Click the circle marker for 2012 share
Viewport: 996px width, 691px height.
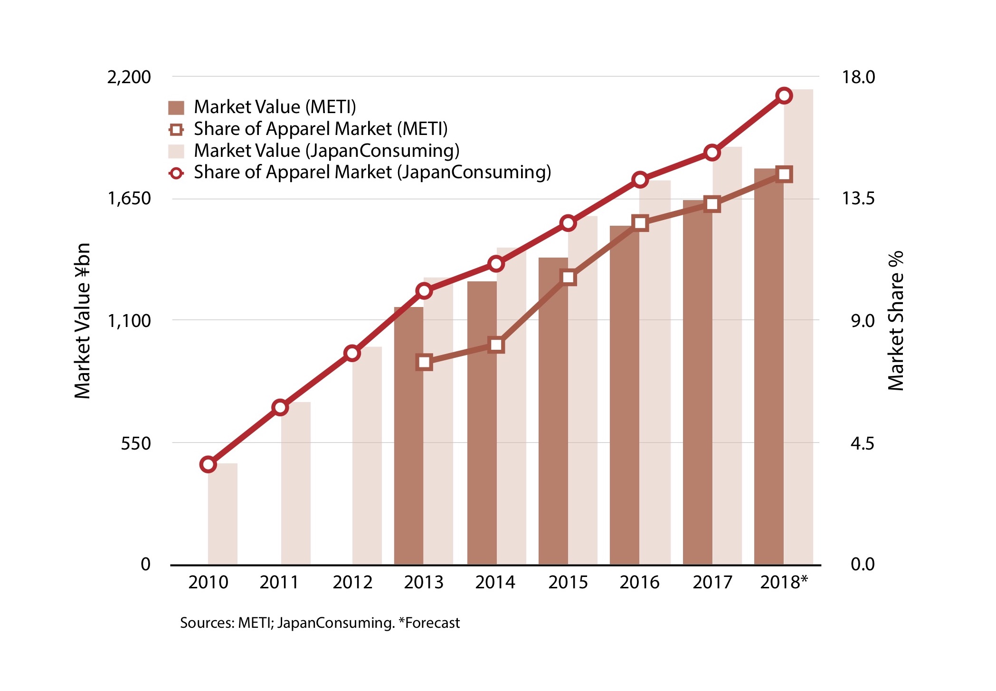point(352,353)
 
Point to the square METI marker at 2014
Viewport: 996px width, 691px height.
point(496,345)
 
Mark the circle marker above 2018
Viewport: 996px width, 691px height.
point(784,96)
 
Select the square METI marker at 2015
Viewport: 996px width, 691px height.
point(568,278)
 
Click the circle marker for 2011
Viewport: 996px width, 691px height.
point(280,407)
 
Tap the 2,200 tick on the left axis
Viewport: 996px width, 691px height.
point(129,77)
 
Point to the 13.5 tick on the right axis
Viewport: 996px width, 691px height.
point(858,198)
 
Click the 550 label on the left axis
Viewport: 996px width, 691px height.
point(135,443)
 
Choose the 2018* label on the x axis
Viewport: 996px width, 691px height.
point(783,582)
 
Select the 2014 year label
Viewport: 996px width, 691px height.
point(495,582)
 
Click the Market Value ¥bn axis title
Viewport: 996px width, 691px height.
point(83,321)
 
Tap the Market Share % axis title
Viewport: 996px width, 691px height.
point(896,321)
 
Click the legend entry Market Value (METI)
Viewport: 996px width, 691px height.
point(275,107)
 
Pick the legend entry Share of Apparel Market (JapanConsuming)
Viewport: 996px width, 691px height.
point(372,172)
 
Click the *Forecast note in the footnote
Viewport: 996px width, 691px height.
point(429,623)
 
